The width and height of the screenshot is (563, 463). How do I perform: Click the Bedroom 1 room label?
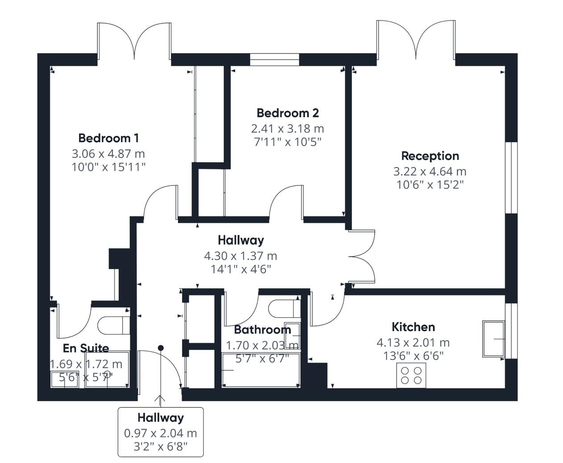pyautogui.click(x=108, y=138)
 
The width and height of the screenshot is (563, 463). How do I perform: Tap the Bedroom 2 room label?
pyautogui.click(x=288, y=113)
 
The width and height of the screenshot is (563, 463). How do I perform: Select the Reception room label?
pyautogui.click(x=430, y=156)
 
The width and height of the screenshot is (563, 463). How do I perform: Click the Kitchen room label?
pyautogui.click(x=413, y=327)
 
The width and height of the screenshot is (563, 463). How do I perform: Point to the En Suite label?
pyautogui.click(x=86, y=348)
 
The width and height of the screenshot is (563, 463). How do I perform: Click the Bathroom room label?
pyautogui.click(x=262, y=330)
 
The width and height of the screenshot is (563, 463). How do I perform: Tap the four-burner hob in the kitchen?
pyautogui.click(x=411, y=375)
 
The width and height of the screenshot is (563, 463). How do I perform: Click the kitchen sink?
pyautogui.click(x=493, y=339)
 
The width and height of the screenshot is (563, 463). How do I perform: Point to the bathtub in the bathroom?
pyautogui.click(x=261, y=370)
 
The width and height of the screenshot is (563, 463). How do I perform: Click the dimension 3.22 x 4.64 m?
pyautogui.click(x=430, y=171)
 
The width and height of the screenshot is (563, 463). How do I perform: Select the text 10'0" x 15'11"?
pyautogui.click(x=108, y=168)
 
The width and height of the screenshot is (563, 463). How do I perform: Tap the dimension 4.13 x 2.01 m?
pyautogui.click(x=413, y=343)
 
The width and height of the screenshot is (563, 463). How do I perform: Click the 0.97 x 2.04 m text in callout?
pyautogui.click(x=160, y=433)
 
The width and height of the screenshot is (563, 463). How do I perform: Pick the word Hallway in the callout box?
pyautogui.click(x=160, y=418)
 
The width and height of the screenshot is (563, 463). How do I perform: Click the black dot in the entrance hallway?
pyautogui.click(x=161, y=348)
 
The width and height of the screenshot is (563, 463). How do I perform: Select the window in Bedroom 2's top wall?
pyautogui.click(x=274, y=60)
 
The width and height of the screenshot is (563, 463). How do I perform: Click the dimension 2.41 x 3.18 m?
pyautogui.click(x=288, y=129)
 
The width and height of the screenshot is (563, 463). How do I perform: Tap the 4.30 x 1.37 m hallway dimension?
pyautogui.click(x=240, y=256)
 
